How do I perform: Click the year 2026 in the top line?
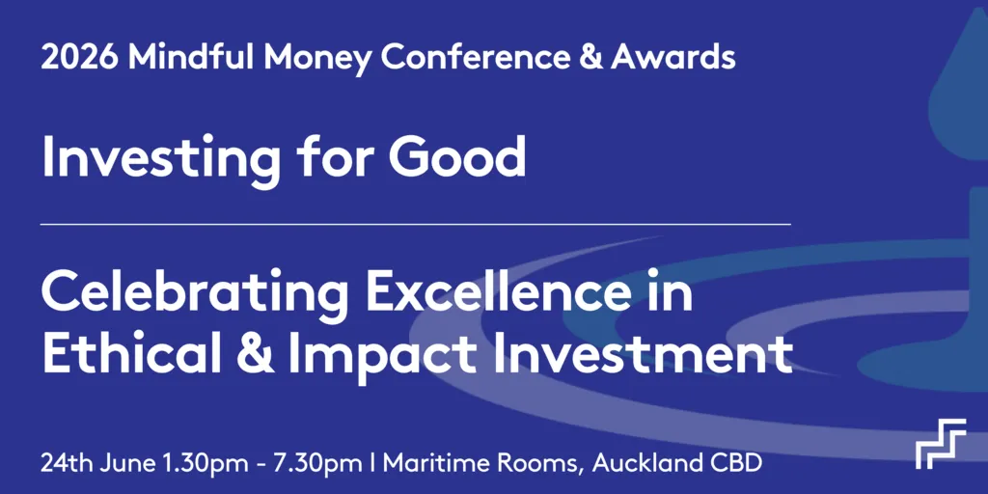tap(80, 58)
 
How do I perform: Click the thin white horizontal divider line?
tap(415, 224)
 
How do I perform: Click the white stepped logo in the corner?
tap(940, 443)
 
